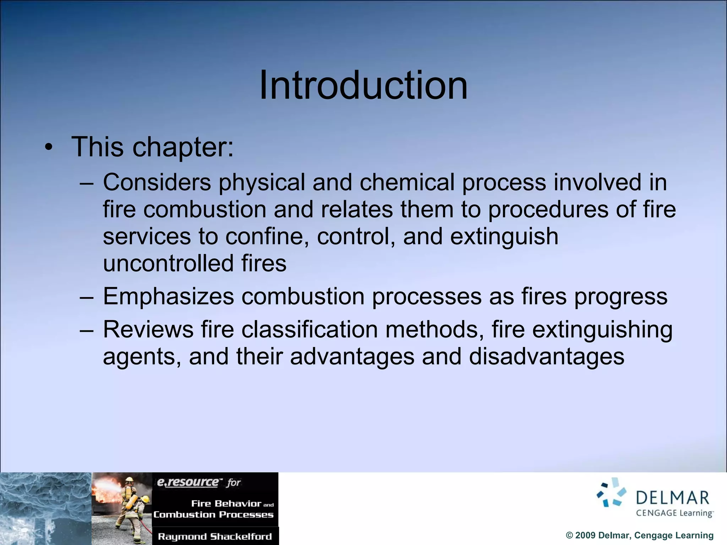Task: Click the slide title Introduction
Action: pyautogui.click(x=363, y=85)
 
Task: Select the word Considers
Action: pyautogui.click(x=157, y=182)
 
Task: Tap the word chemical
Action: pyautogui.click(x=407, y=182)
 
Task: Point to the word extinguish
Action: pyautogui.click(x=504, y=237)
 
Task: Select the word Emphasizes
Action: pyautogui.click(x=168, y=296)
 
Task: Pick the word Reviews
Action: pyautogui.click(x=148, y=329)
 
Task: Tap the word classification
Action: pyautogui.click(x=310, y=329)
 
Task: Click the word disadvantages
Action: pyautogui.click(x=546, y=356)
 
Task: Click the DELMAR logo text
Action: pyautogui.click(x=672, y=498)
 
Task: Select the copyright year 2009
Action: pyautogui.click(x=585, y=535)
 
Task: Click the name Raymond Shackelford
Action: pyautogui.click(x=215, y=536)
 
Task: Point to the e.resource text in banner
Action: pyautogui.click(x=188, y=482)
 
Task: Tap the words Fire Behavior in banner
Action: pyautogui.click(x=226, y=503)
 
